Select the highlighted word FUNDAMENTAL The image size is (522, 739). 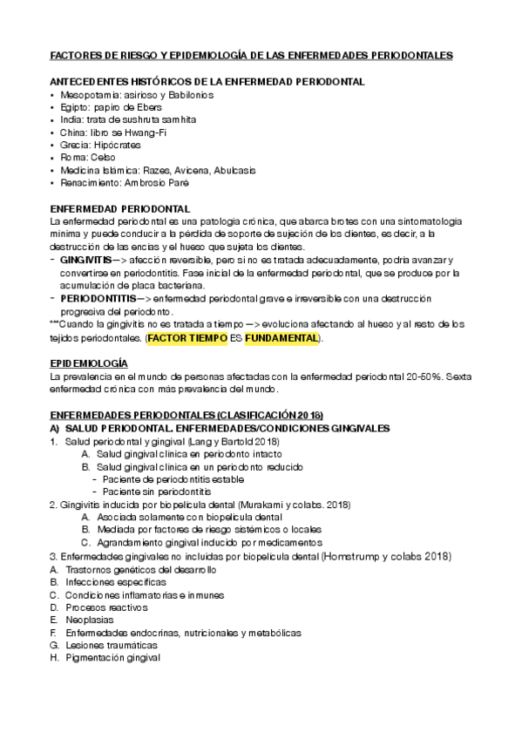coord(281,337)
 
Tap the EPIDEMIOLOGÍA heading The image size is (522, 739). coord(89,362)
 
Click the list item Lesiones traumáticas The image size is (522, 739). coord(112,645)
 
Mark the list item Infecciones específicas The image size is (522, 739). coord(113,581)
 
